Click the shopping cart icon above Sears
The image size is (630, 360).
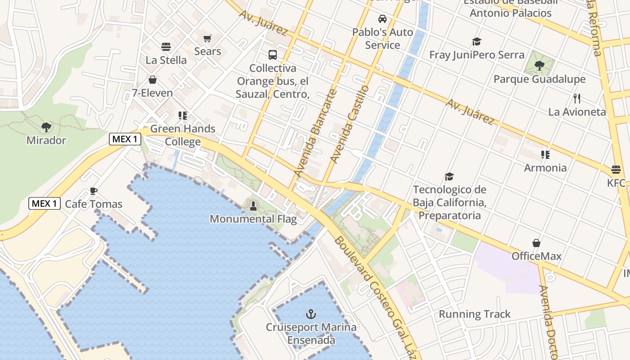207,39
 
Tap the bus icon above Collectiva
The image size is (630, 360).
273,55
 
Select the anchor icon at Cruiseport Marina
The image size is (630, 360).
311,314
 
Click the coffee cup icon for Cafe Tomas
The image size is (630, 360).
94,191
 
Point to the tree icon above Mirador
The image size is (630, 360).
46,127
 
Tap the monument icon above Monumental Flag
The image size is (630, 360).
253,206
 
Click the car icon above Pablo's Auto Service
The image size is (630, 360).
382,19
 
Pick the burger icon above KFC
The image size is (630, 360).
616,170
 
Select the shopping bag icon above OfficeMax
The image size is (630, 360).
536,243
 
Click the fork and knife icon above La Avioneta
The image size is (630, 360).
577,99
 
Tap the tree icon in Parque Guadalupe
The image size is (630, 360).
539,66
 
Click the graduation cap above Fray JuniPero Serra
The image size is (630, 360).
477,42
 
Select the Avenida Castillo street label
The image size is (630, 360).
350,124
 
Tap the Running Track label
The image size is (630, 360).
475,314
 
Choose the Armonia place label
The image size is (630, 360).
545,168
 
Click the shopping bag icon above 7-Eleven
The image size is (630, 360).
153,80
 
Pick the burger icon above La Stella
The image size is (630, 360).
166,47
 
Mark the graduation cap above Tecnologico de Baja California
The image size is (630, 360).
449,176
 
